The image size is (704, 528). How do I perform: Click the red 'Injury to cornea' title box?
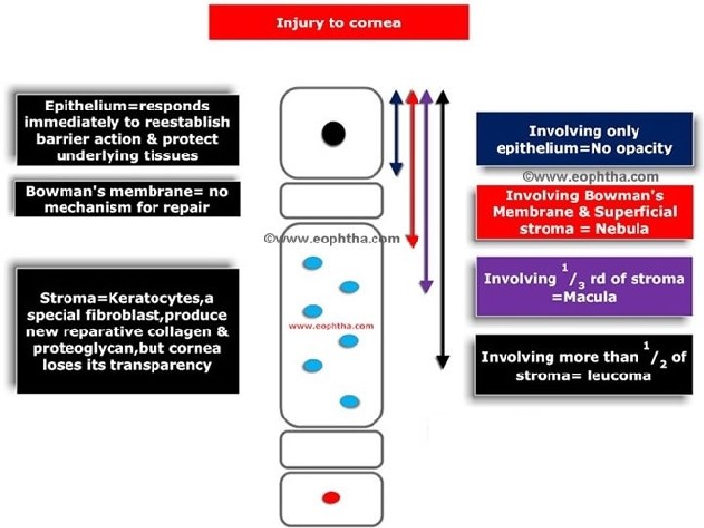(x=339, y=22)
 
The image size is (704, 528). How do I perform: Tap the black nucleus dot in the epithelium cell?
(x=333, y=134)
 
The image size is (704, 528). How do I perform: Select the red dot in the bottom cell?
(x=331, y=498)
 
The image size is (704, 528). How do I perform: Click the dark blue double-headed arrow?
(x=396, y=133)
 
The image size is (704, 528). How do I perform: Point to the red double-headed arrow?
(x=413, y=169)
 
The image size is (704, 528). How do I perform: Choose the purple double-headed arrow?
(x=426, y=192)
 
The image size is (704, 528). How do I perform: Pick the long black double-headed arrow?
(x=443, y=230)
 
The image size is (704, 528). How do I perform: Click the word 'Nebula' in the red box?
(x=622, y=229)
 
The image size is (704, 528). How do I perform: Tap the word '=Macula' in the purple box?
(x=585, y=297)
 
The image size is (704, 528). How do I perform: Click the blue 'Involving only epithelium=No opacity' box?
(x=585, y=139)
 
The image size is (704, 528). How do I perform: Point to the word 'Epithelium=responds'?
(x=127, y=106)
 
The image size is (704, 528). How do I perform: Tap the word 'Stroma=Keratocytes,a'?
(x=126, y=298)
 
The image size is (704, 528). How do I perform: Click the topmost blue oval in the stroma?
(x=312, y=264)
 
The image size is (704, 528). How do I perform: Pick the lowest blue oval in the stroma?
(x=350, y=402)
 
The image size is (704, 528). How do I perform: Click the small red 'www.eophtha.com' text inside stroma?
(x=331, y=326)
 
